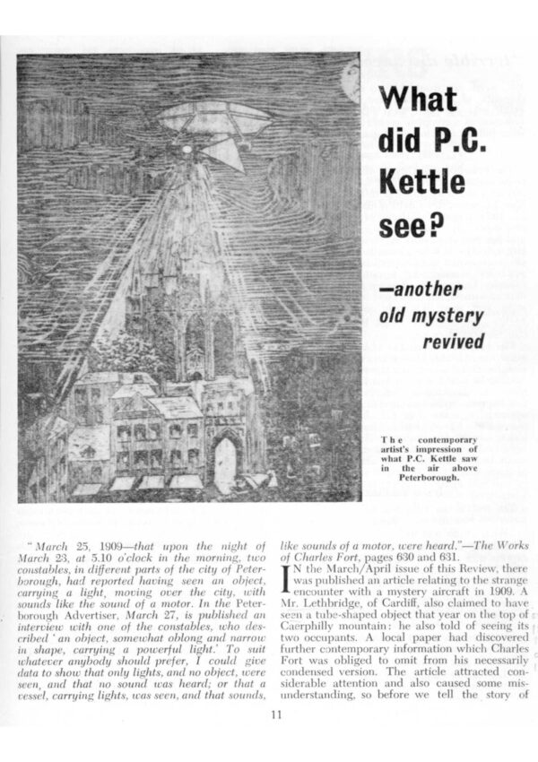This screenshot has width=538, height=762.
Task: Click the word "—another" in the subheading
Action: [x=425, y=288]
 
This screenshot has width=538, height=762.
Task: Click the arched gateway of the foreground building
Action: [x=225, y=461]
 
